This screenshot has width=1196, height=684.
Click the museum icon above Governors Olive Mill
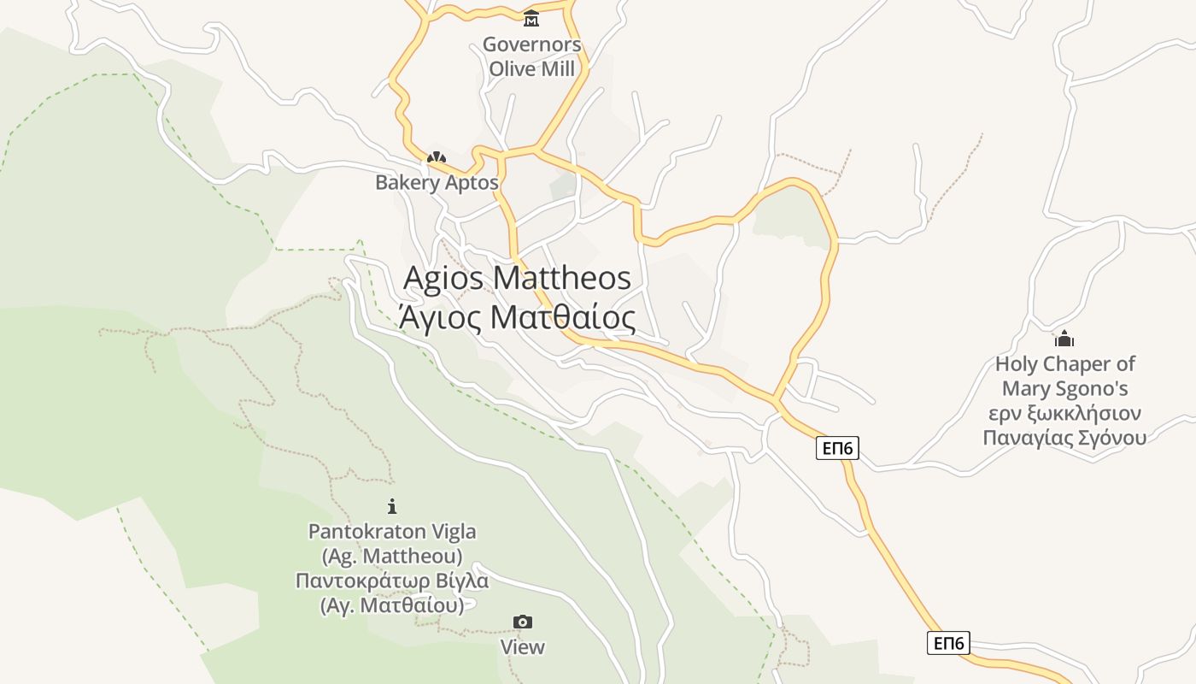pos(531,18)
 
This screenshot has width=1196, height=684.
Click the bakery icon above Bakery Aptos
pos(437,157)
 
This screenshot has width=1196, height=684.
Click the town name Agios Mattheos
pos(517,278)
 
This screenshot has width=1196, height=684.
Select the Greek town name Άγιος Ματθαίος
pos(517,317)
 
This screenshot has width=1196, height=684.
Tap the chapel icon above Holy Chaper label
pos(1064,339)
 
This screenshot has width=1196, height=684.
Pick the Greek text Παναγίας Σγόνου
pos(1064,438)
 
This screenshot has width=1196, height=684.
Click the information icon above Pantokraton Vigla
pos(392,506)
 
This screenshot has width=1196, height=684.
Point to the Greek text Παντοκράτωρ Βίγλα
pos(392,581)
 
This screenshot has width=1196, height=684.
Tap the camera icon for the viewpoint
pos(522,622)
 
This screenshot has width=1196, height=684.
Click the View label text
pos(522,647)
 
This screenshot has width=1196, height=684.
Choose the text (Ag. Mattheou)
pos(392,556)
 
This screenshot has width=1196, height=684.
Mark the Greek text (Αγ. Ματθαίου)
pos(392,605)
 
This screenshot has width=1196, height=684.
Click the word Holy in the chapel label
pos(1017,364)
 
